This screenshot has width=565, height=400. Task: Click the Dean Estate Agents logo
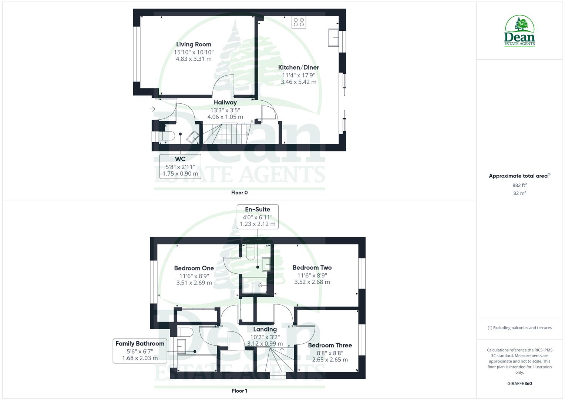pyautogui.click(x=519, y=31)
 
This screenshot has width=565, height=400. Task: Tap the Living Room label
pyautogui.click(x=194, y=44)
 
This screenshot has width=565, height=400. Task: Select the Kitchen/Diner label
pyautogui.click(x=298, y=67)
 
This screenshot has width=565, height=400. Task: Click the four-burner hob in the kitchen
pyautogui.click(x=299, y=22)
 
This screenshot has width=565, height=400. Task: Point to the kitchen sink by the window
pyautogui.click(x=333, y=37)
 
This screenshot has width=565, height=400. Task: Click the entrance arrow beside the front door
pyautogui.click(x=152, y=109)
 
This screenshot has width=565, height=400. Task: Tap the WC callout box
pyautogui.click(x=180, y=166)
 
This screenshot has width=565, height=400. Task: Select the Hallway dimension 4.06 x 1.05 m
pyautogui.click(x=225, y=117)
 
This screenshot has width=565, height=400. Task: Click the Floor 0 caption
pyautogui.click(x=239, y=193)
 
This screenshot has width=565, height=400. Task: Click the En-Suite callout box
pyautogui.click(x=258, y=217)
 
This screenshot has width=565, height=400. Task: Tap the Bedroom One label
pyautogui.click(x=194, y=268)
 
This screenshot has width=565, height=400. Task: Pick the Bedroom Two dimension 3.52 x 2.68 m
pyautogui.click(x=312, y=282)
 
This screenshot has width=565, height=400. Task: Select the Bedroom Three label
pyautogui.click(x=330, y=345)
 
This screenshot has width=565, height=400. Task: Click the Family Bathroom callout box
pyautogui.click(x=140, y=351)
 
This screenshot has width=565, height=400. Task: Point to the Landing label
pyautogui.click(x=265, y=329)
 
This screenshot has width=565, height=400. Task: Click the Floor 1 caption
pyautogui.click(x=239, y=391)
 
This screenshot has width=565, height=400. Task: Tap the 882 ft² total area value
pyautogui.click(x=519, y=185)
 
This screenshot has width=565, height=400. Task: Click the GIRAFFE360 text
pyautogui.click(x=519, y=384)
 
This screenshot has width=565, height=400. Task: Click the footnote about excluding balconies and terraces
pyautogui.click(x=519, y=328)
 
